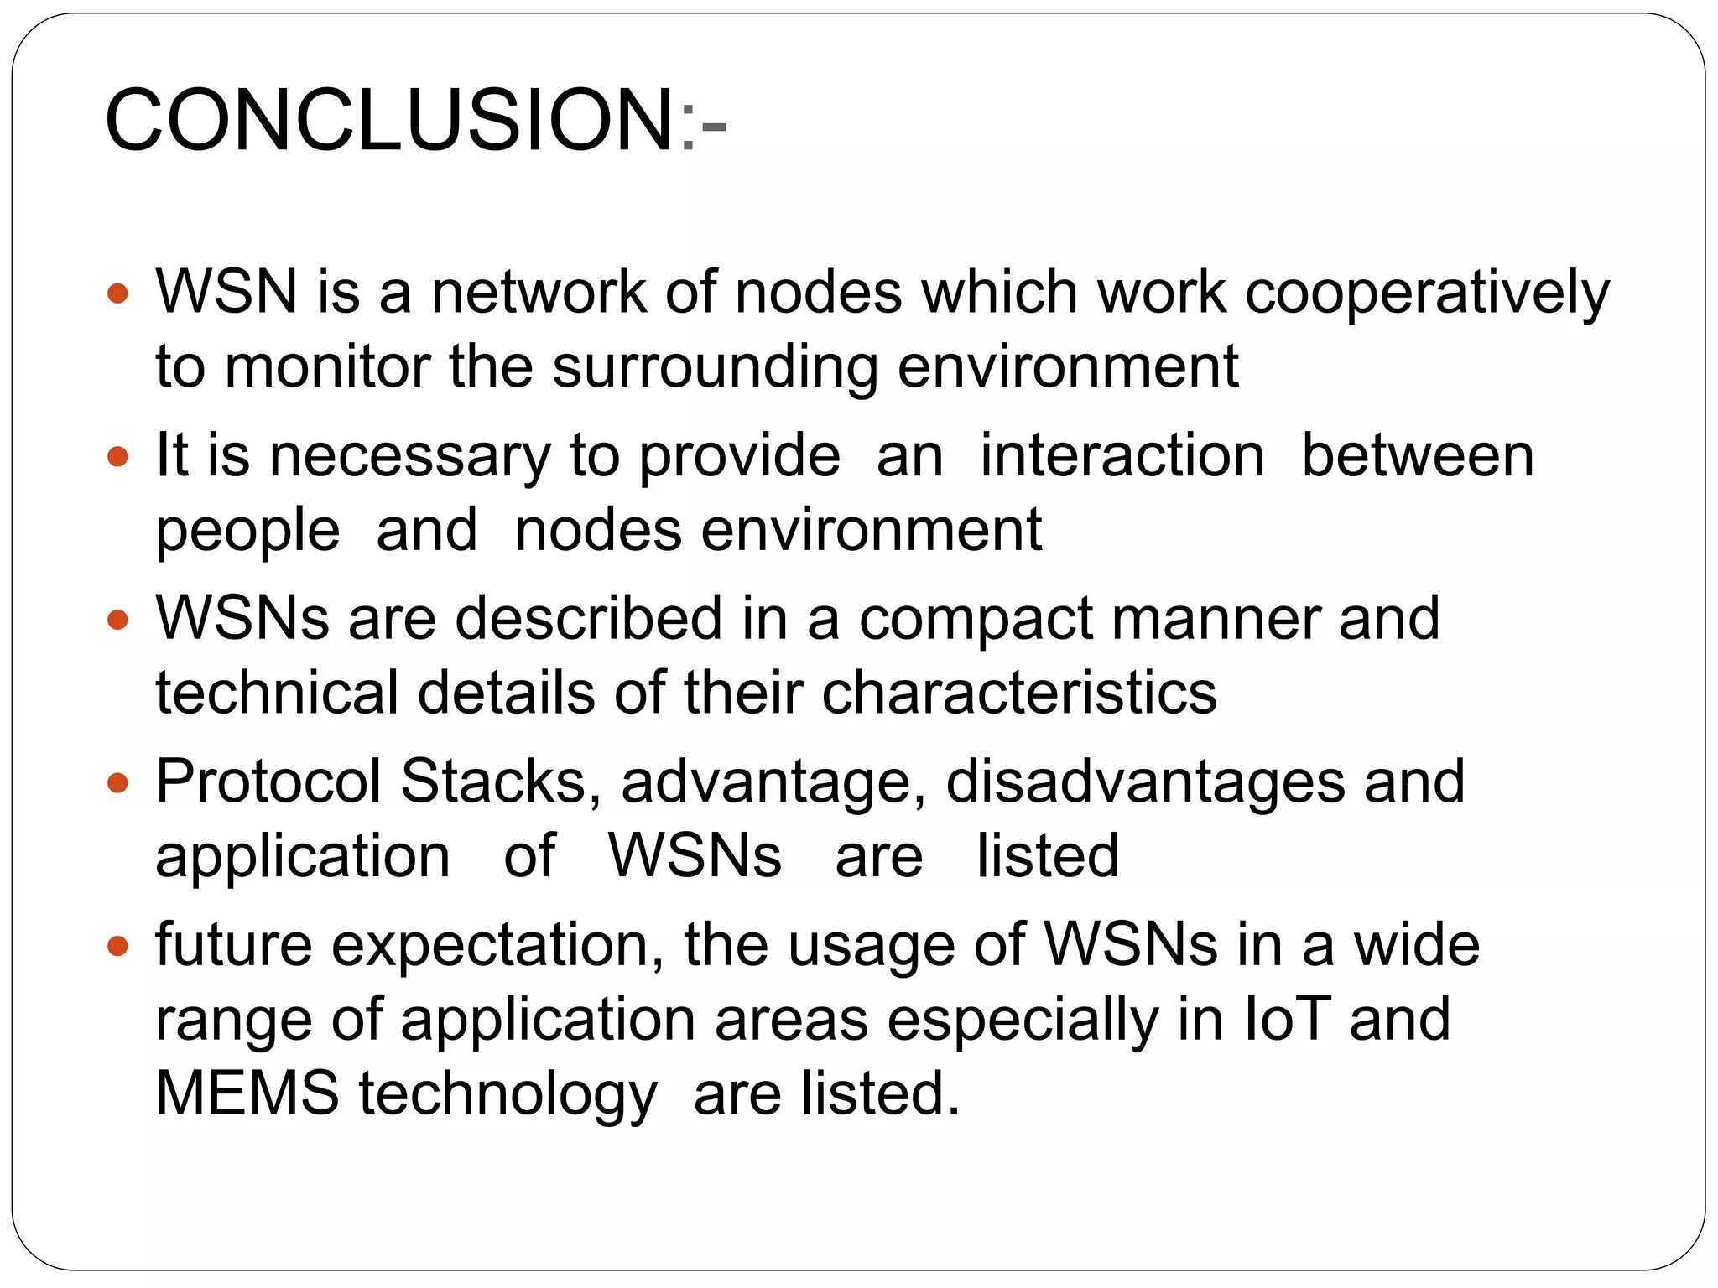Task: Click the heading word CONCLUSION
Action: point(389,121)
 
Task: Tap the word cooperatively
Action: point(1427,293)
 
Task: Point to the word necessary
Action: point(409,456)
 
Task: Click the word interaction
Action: point(1122,456)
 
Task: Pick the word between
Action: point(1417,456)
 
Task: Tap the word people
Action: point(247,532)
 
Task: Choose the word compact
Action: point(976,619)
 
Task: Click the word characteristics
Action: point(1018,693)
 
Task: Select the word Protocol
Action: point(268,782)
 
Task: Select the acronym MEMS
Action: point(247,1093)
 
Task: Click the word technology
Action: point(508,1095)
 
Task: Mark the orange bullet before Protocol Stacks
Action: point(118,784)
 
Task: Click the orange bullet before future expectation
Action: point(118,948)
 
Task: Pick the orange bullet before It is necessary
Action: point(118,458)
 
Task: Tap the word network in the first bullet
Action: point(539,293)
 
